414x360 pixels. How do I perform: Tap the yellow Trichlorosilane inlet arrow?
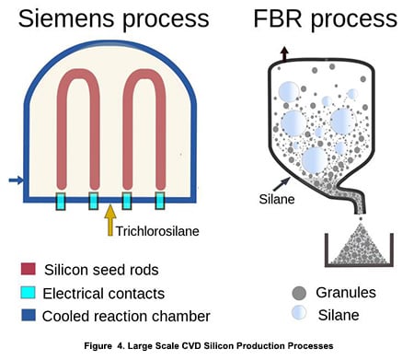[x=110, y=221]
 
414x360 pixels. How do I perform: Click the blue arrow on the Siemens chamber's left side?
[x=14, y=180]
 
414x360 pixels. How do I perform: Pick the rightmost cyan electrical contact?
[x=159, y=200]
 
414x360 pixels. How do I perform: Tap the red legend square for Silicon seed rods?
[x=28, y=270]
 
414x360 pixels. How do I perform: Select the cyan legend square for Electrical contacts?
[x=28, y=294]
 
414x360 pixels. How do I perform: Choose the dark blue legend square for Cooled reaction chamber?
[x=28, y=317]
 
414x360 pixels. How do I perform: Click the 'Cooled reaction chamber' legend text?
[x=128, y=317]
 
